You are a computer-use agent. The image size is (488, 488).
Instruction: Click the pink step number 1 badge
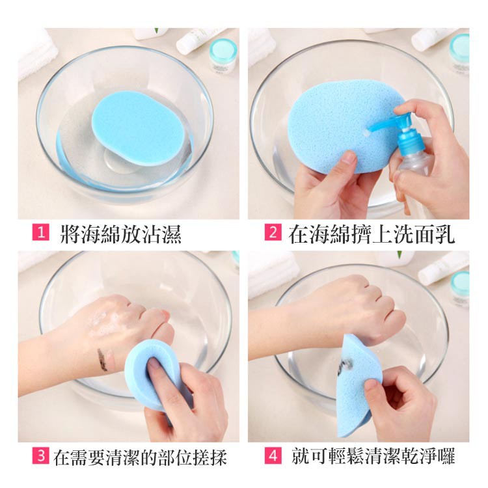(x=41, y=232)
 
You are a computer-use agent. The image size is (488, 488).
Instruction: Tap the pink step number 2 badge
(x=273, y=232)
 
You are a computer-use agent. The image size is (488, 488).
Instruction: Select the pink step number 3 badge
(x=41, y=455)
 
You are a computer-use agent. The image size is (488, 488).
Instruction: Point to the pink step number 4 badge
(x=273, y=455)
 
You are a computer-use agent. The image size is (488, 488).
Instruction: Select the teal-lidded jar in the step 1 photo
(x=223, y=55)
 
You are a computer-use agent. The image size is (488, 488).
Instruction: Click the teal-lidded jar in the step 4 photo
(x=459, y=288)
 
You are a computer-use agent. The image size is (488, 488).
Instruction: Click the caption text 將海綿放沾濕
(x=121, y=234)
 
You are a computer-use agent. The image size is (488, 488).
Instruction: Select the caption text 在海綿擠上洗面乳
(x=372, y=234)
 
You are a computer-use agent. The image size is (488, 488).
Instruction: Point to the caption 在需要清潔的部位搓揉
(x=140, y=457)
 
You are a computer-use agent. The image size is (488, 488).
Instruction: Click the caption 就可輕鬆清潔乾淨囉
(x=373, y=456)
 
